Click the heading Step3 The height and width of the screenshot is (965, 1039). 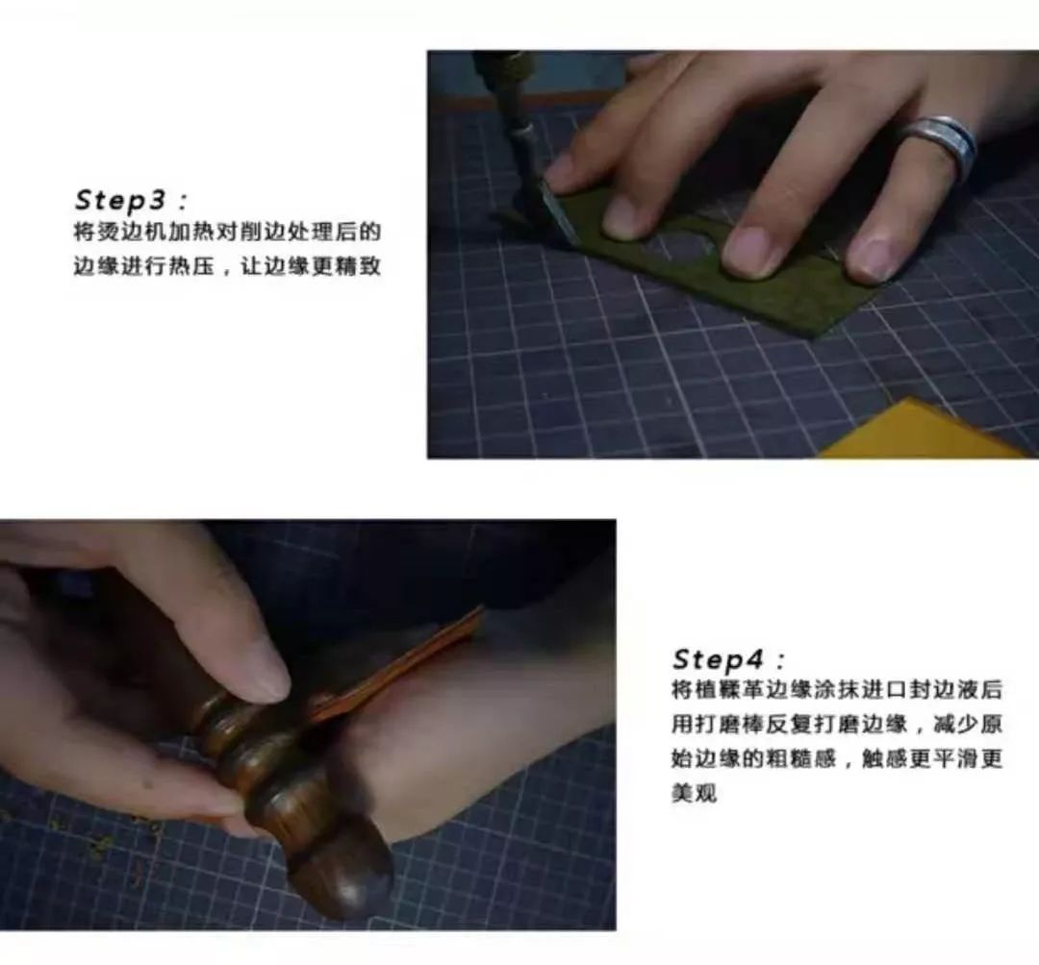pos(120,200)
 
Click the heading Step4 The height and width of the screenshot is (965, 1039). pos(718,659)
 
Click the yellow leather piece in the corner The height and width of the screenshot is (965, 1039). pos(927,431)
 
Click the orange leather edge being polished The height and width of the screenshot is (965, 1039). pos(397,662)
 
